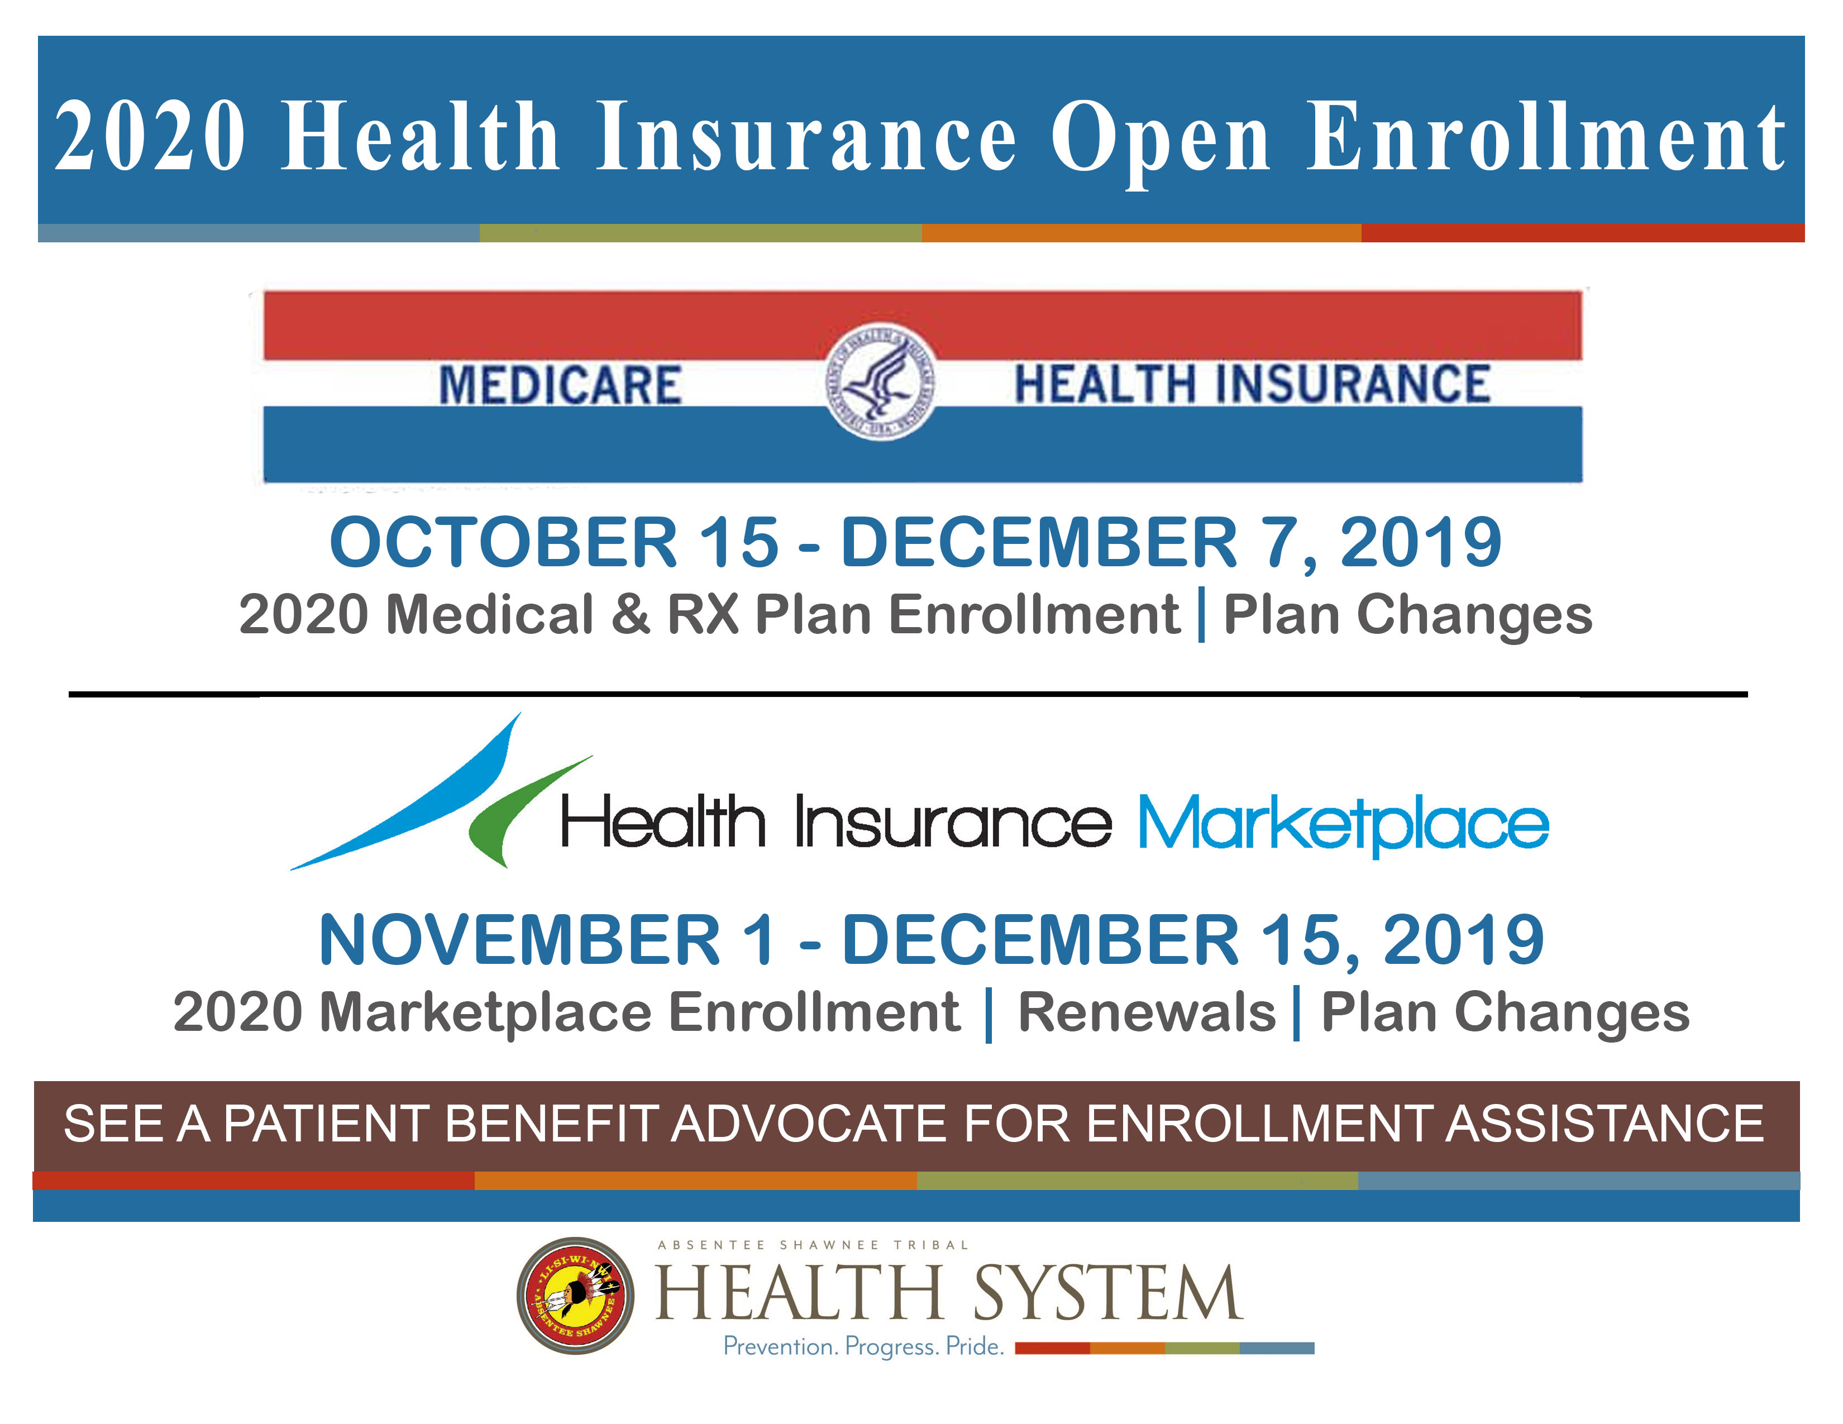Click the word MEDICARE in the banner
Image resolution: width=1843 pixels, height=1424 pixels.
click(560, 385)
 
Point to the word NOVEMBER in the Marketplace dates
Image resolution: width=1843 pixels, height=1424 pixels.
click(519, 940)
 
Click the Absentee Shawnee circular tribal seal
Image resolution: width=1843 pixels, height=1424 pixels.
click(575, 1295)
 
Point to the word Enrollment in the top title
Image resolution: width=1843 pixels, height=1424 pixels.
click(1546, 137)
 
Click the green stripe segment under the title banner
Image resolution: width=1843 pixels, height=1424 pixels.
click(700, 233)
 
